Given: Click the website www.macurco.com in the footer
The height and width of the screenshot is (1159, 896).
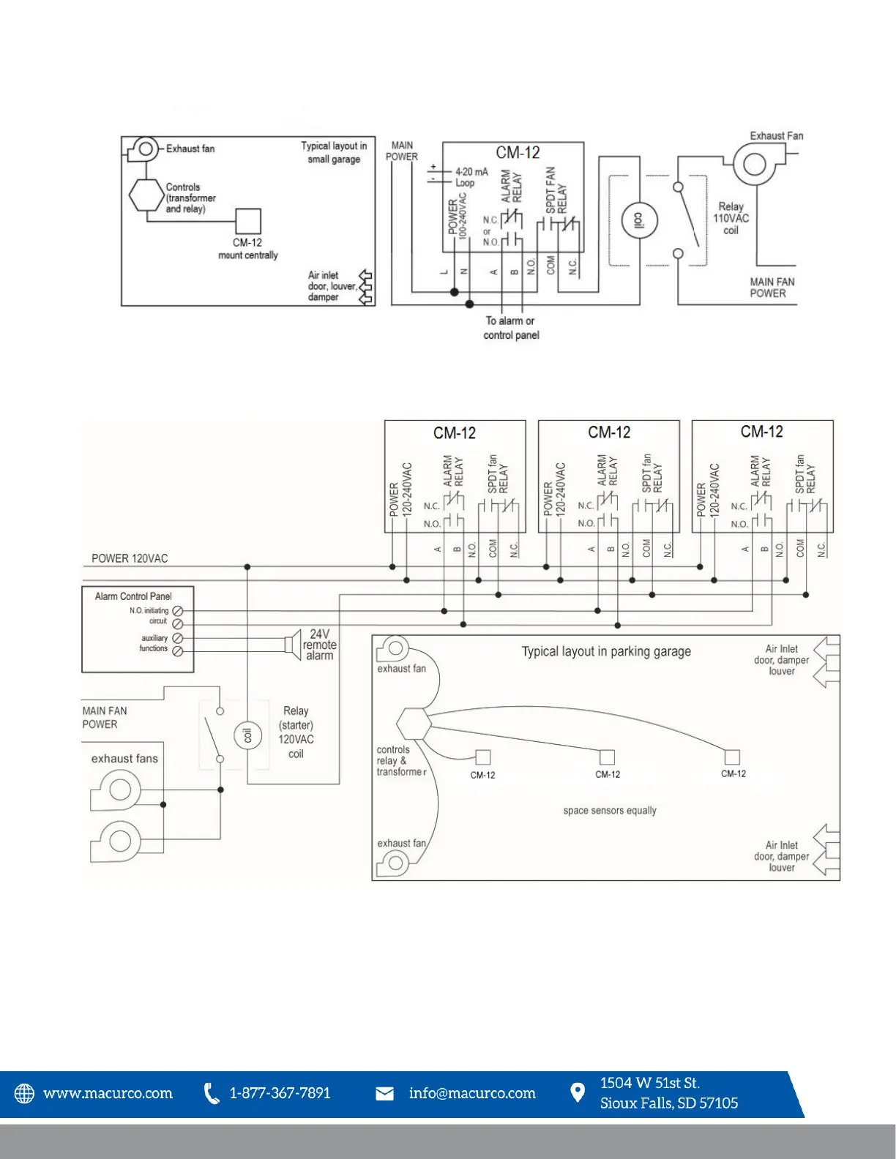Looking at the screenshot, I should (108, 1093).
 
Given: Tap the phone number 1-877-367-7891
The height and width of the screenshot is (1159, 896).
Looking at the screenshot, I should (280, 1093).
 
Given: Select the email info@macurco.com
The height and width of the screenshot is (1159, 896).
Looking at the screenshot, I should (472, 1093).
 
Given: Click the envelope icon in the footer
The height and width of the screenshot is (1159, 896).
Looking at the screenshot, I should (384, 1093).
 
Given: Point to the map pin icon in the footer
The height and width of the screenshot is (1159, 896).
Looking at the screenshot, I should (578, 1092).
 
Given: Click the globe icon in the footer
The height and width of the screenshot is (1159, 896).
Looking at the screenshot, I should (25, 1093).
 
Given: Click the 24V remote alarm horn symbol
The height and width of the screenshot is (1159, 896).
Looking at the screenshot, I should (294, 644).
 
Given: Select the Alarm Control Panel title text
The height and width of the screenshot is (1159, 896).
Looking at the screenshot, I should (133, 596).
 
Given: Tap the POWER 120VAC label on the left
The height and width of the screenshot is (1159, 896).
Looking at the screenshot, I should (130, 558).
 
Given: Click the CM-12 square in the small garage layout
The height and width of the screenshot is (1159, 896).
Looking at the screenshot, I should (248, 221).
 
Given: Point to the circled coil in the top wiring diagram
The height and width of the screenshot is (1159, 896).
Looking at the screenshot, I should (639, 220).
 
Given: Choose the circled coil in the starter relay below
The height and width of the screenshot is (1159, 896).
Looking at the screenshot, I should (247, 735).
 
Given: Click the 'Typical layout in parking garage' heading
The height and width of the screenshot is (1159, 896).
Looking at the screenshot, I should (606, 651).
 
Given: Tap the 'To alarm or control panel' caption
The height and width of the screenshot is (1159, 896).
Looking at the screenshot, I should (511, 328).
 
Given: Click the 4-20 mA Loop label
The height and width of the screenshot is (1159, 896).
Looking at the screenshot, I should (470, 177).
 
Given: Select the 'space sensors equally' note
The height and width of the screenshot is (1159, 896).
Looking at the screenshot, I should (610, 811).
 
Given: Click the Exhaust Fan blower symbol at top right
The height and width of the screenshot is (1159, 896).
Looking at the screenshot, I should (754, 163).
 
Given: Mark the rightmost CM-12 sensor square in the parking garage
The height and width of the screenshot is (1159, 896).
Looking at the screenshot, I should (732, 757).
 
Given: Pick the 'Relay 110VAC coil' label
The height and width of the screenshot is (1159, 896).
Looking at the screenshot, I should (731, 218).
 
